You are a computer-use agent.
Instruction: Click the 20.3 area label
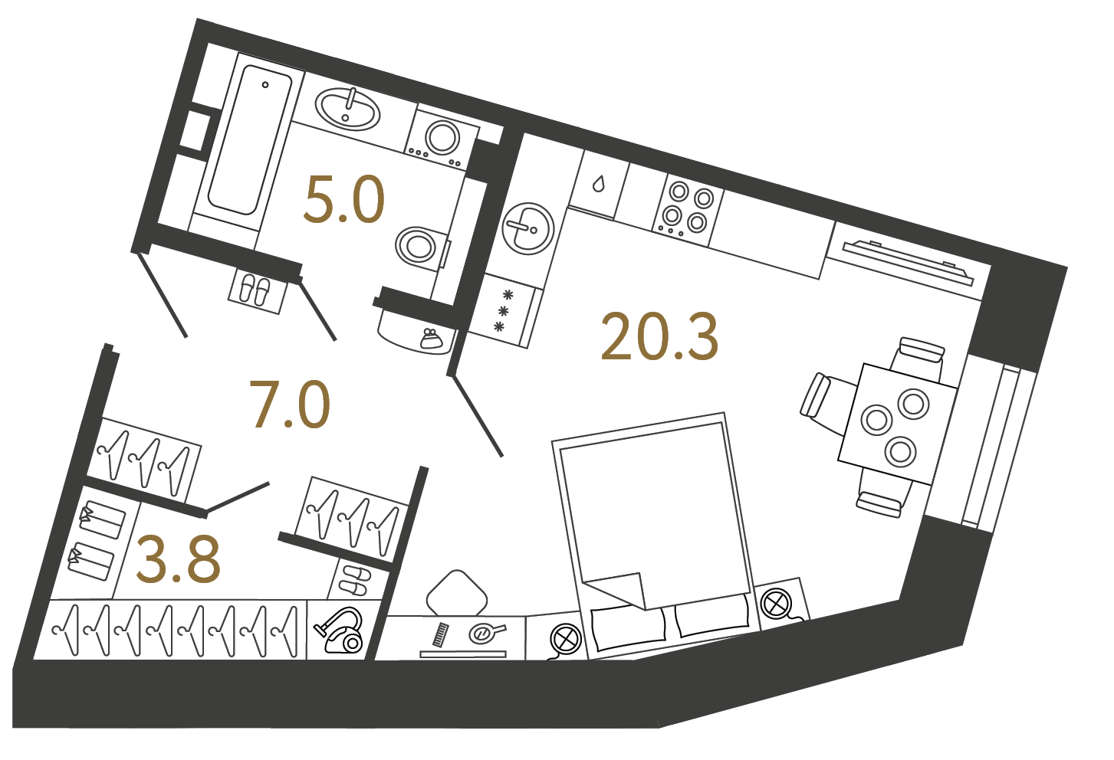click(659, 336)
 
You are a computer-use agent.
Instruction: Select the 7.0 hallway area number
click(290, 404)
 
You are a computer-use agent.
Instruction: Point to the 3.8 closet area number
click(178, 560)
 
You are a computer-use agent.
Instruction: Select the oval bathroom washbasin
click(347, 109)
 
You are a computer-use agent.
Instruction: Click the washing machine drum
click(442, 138)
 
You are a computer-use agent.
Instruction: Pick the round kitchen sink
click(527, 228)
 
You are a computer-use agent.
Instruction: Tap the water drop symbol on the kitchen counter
click(598, 184)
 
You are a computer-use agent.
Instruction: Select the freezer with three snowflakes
click(504, 310)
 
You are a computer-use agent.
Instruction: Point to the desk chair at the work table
click(455, 592)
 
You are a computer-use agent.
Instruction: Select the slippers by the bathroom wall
click(255, 291)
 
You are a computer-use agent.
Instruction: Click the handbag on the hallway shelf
click(429, 339)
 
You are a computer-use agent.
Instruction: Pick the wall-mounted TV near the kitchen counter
click(909, 262)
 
